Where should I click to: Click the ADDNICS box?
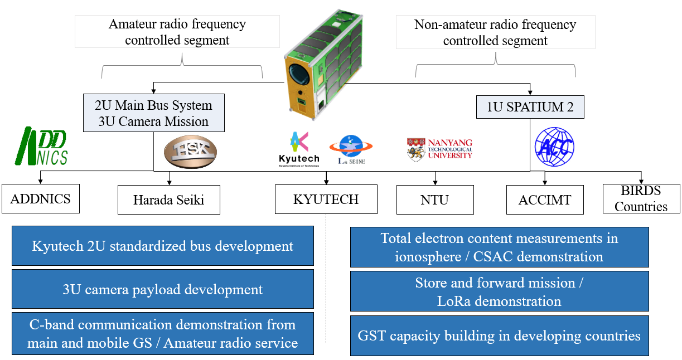coord(41,199)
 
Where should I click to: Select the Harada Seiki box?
coord(169,200)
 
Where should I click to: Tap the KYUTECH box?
coord(326,199)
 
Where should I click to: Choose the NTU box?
coord(435,200)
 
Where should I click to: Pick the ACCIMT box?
coord(545,200)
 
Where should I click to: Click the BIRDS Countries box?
coord(641,199)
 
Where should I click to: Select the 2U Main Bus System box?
coord(153,113)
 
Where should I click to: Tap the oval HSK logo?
coord(190,152)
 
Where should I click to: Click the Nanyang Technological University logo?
coord(439,149)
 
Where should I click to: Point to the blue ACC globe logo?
coord(554,147)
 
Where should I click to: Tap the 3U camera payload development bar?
coord(162,290)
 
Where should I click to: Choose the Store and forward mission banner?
coord(499,291)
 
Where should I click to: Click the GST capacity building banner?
coord(499,336)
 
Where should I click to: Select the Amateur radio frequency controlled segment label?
coord(177,32)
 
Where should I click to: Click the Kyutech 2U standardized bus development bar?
coord(162,246)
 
